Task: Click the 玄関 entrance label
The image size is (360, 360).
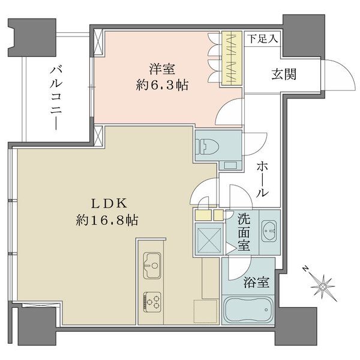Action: point(284,74)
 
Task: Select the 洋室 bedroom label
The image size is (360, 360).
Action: point(162,68)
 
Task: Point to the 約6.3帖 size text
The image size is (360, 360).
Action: point(162,85)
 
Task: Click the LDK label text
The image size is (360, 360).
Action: point(109,203)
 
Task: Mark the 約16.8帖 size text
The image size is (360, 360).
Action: point(107,220)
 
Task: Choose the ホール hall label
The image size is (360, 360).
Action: point(262,179)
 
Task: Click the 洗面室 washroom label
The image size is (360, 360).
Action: point(244,232)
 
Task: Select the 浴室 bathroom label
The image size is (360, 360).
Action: point(256,282)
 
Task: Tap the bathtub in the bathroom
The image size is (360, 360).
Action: point(248,309)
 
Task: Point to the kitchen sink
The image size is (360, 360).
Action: point(152,265)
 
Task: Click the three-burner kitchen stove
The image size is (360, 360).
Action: point(152,302)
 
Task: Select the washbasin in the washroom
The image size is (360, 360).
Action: point(269,231)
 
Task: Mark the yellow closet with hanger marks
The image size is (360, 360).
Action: point(232,58)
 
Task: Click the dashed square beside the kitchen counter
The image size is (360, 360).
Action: point(205,311)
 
